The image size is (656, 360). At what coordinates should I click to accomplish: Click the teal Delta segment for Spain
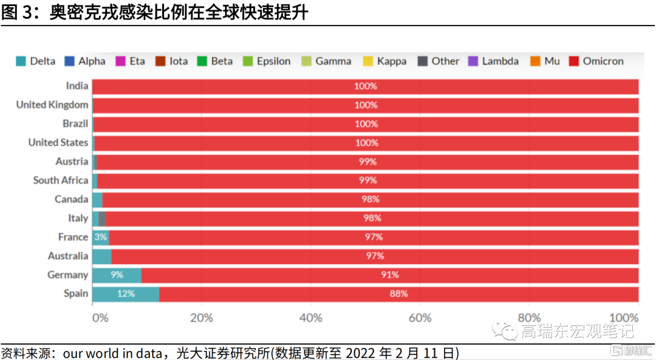(125, 294)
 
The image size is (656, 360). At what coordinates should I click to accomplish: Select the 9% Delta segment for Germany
(117, 275)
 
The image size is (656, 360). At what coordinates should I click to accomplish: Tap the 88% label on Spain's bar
(398, 294)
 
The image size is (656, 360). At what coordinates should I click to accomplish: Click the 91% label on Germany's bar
(389, 275)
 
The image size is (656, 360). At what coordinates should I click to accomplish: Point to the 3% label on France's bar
(100, 237)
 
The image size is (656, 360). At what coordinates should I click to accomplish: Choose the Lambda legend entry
(493, 61)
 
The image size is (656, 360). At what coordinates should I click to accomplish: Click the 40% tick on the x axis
(311, 318)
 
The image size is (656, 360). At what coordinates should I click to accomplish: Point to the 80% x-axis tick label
(529, 318)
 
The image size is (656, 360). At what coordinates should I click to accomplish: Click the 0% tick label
(100, 318)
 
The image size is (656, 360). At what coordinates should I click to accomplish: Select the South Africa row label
(60, 180)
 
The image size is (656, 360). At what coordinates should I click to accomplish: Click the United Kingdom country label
(52, 104)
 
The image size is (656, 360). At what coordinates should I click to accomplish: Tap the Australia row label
(67, 256)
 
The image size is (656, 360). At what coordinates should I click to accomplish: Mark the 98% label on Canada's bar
(371, 199)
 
